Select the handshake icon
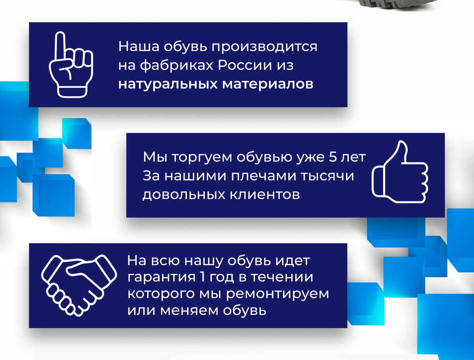coord(79,285)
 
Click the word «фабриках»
coord(177,65)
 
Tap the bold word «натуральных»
coord(168,85)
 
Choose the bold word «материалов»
coord(268,85)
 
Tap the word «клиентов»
coord(265,195)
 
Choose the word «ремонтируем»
coord(278,294)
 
